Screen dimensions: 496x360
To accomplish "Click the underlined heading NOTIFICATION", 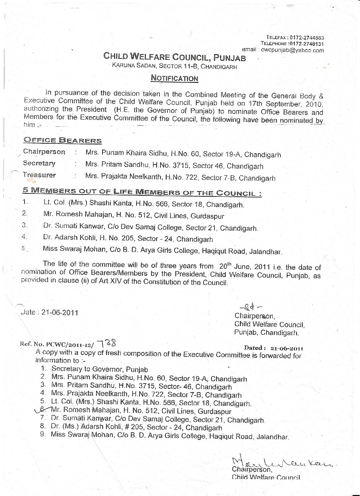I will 174,78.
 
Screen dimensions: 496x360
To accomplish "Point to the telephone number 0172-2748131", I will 307,44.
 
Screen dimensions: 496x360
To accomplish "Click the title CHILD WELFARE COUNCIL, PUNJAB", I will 175,57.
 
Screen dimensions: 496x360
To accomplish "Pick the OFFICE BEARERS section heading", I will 63,140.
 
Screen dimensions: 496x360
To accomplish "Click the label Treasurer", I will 39,175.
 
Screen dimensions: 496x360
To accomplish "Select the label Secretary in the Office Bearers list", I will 39,163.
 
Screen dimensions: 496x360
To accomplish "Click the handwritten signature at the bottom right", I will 282,462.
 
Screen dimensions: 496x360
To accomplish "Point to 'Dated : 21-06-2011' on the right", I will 273,348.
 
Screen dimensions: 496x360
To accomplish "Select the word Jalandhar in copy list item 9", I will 272,437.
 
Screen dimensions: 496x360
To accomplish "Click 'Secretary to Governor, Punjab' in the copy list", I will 100,369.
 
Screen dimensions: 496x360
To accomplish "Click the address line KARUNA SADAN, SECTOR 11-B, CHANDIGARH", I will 175,66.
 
